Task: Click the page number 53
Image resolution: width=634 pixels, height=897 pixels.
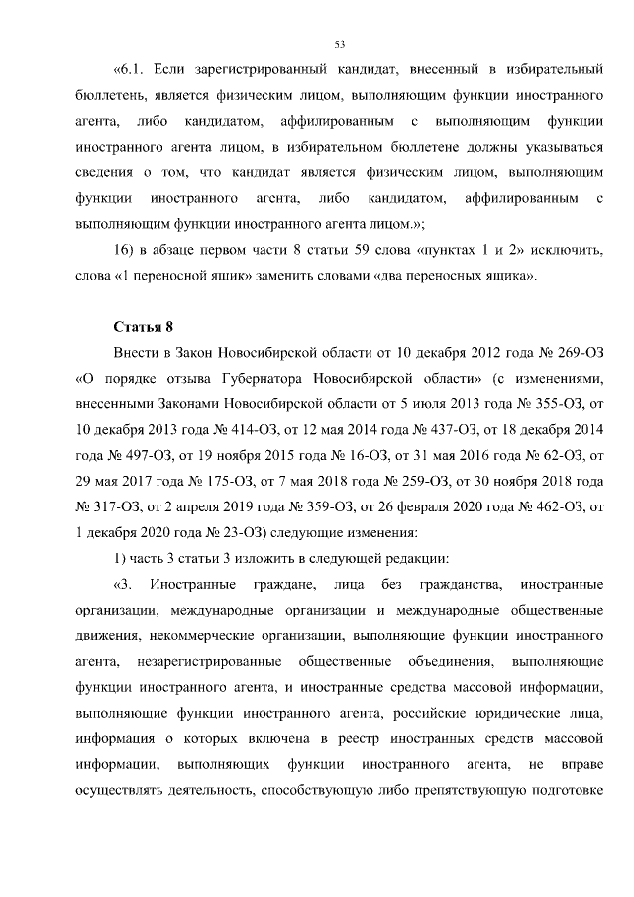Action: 339,44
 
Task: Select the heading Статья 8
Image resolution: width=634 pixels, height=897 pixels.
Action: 143,326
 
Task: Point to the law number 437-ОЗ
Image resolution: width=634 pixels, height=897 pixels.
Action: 431,429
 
